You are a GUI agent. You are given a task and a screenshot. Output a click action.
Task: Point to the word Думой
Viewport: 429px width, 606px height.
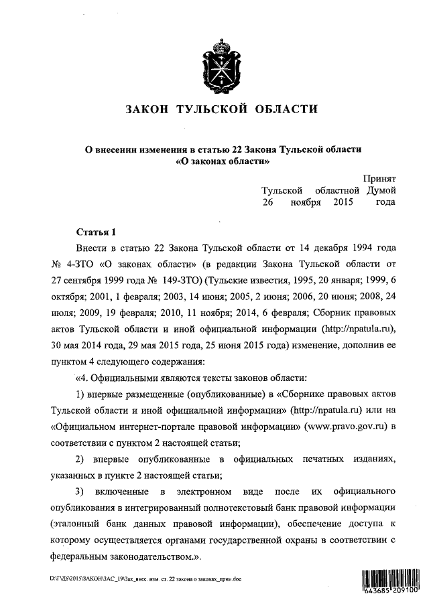pos(381,191)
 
